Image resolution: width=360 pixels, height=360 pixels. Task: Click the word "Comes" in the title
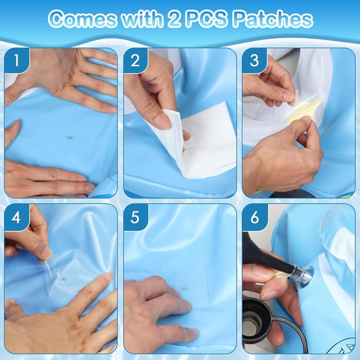point(82,19)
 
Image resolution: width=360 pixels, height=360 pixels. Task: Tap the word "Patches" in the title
point(273,19)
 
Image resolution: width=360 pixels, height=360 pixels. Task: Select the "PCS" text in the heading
point(206,19)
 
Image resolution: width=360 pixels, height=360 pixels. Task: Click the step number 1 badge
point(16,60)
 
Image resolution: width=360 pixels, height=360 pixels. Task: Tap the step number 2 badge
point(135,60)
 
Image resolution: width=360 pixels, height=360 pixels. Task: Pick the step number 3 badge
point(254,60)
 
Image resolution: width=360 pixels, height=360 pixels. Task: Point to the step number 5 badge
point(135,217)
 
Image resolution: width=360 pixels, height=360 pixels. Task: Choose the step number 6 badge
point(255,217)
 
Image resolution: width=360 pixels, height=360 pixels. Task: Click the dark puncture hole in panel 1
point(70,138)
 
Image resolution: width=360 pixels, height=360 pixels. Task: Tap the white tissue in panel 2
point(202,140)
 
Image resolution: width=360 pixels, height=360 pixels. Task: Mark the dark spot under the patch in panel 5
point(184,289)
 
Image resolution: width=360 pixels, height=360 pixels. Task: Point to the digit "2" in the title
point(174,19)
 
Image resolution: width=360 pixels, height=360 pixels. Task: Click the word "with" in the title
point(142,19)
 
